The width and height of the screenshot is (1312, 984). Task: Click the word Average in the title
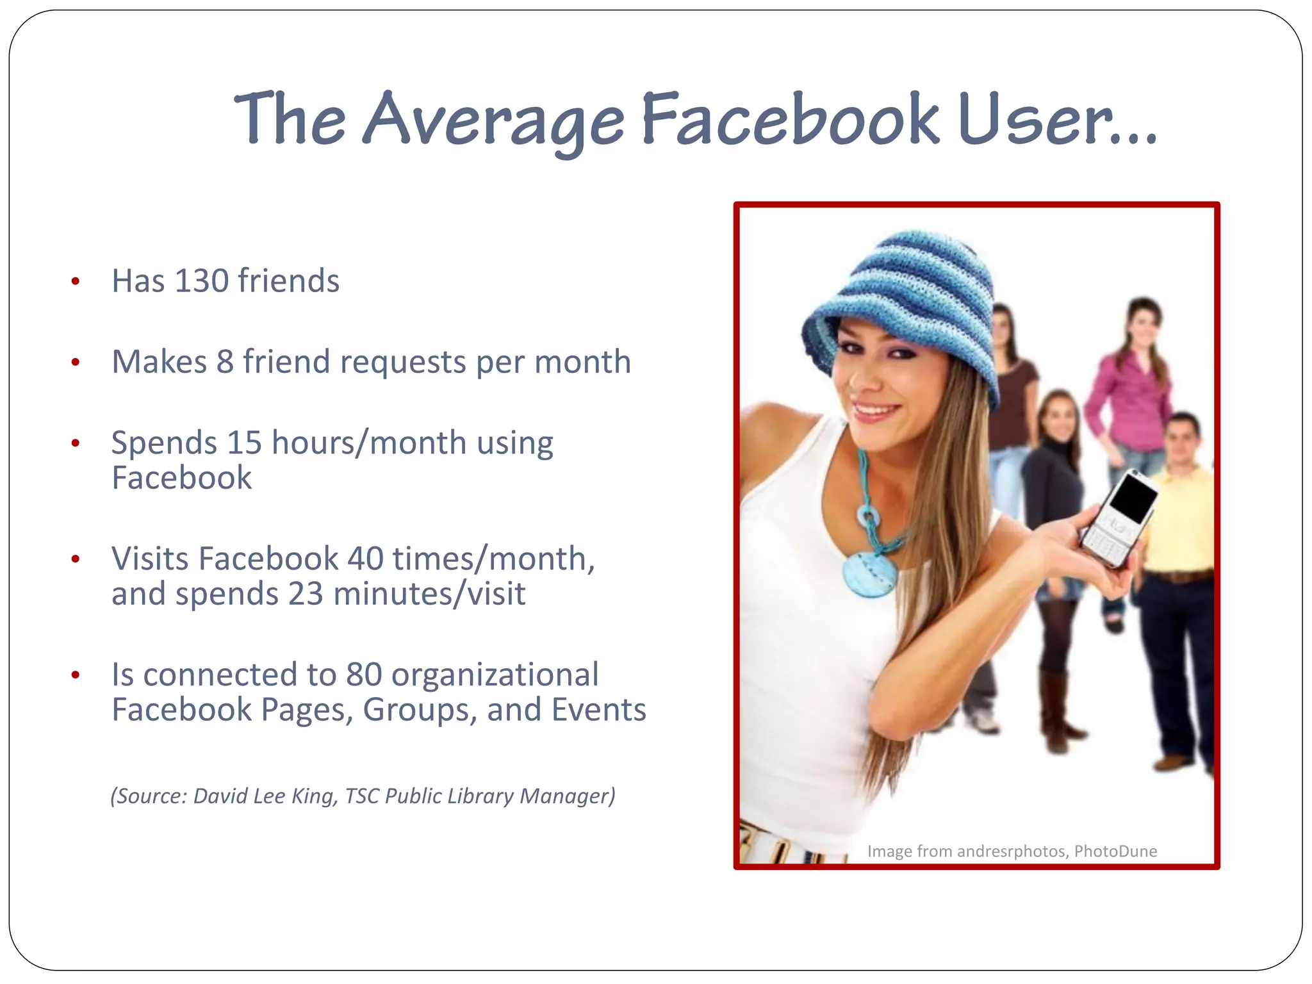(x=493, y=119)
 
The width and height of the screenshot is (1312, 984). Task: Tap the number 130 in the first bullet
(x=202, y=281)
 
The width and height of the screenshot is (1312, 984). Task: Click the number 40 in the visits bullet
(x=365, y=559)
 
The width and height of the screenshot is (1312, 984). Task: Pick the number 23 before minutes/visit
(x=306, y=594)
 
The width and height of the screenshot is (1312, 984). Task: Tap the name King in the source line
(x=313, y=796)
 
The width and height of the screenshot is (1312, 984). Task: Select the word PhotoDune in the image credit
(x=1115, y=851)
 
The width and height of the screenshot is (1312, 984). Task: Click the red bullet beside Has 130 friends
(x=76, y=281)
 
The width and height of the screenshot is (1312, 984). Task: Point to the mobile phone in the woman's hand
(x=1118, y=519)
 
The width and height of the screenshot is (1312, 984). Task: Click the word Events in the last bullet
(x=598, y=710)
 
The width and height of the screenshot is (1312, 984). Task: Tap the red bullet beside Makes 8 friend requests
(x=76, y=363)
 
